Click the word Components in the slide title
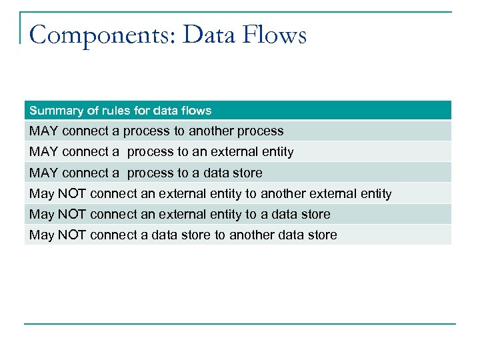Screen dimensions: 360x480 pyautogui.click(x=101, y=35)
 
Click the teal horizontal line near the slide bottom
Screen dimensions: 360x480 pyautogui.click(x=240, y=325)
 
